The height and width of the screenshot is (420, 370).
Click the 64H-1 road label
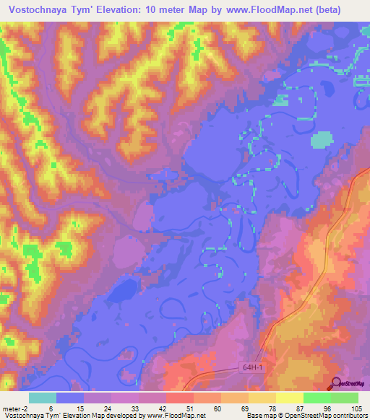tap(250, 368)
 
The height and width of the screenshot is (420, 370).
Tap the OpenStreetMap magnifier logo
tap(337, 382)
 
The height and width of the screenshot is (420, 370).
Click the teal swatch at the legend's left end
tap(43, 398)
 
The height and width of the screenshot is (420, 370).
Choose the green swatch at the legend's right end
tap(344, 398)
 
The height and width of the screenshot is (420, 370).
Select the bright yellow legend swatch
tap(289, 398)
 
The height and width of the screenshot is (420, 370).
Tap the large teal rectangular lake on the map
tap(319, 140)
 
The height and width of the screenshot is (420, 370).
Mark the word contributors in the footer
tap(348, 416)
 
